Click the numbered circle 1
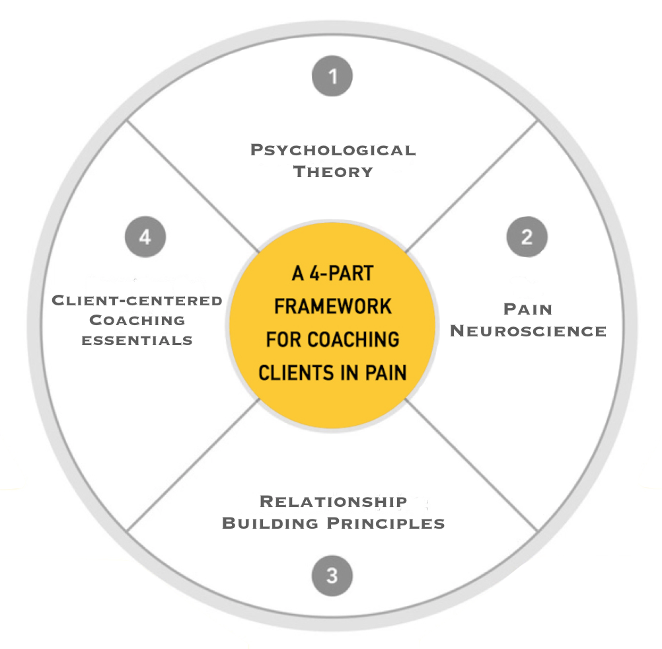pyautogui.click(x=332, y=77)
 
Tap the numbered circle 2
pyautogui.click(x=527, y=237)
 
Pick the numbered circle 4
pyautogui.click(x=145, y=237)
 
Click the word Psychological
pyautogui.click(x=333, y=150)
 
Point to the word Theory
pyautogui.click(x=333, y=172)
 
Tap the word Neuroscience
pyautogui.click(x=528, y=331)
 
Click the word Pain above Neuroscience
pyautogui.click(x=528, y=309)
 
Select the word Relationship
pyautogui.click(x=333, y=502)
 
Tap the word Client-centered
pyautogui.click(x=137, y=301)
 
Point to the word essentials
pyautogui.click(x=137, y=341)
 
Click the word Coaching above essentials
pyautogui.click(x=137, y=321)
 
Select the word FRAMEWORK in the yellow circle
pyautogui.click(x=332, y=307)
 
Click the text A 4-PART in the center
pyautogui.click(x=332, y=274)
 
